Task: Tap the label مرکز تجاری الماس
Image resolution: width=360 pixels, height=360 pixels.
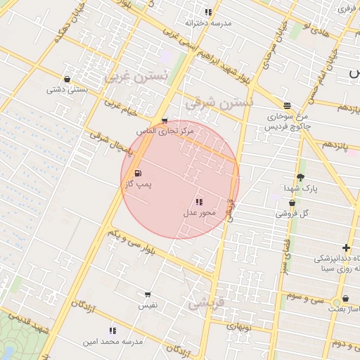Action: pyautogui.click(x=165, y=131)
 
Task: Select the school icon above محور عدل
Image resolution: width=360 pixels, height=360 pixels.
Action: pyautogui.click(x=200, y=202)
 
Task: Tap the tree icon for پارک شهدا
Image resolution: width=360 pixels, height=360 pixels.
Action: pyautogui.click(x=301, y=178)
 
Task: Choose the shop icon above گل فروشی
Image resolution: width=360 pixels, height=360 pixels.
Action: pyautogui.click(x=292, y=203)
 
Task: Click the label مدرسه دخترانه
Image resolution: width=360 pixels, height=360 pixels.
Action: pyautogui.click(x=208, y=22)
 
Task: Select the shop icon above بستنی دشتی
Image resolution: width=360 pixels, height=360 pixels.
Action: pyautogui.click(x=67, y=79)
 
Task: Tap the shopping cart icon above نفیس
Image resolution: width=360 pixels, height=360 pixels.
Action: pyautogui.click(x=148, y=295)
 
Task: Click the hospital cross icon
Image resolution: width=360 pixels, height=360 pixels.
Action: pyautogui.click(x=346, y=247)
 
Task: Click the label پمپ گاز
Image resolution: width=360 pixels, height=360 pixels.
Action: pyautogui.click(x=139, y=184)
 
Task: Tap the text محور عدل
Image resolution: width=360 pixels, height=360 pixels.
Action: pyautogui.click(x=199, y=212)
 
